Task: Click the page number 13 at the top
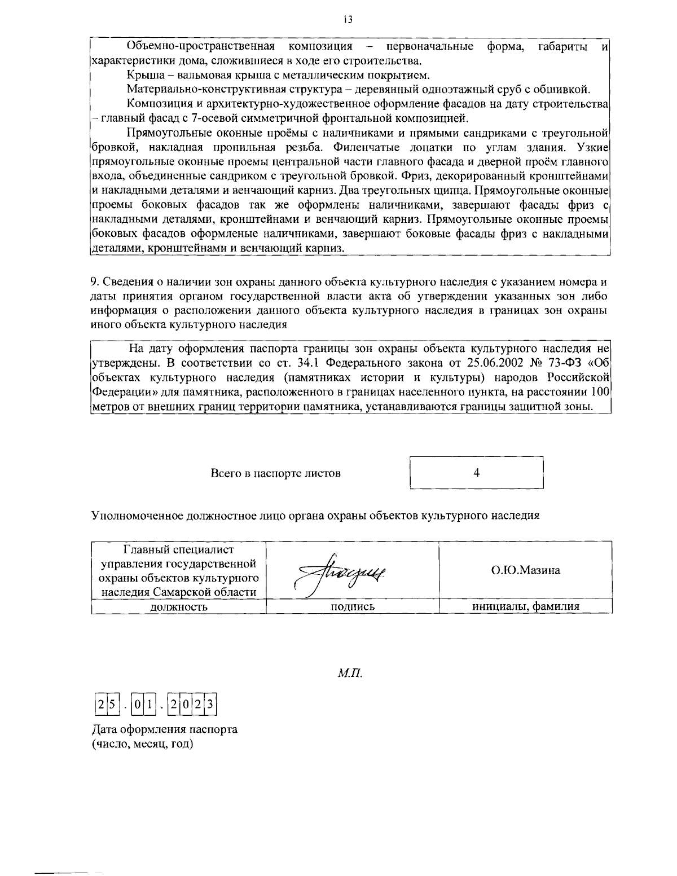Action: click(x=348, y=20)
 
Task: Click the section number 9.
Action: click(x=94, y=281)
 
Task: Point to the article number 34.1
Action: click(x=308, y=362)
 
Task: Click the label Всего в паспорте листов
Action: click(x=275, y=473)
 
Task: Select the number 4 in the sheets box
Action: click(x=476, y=473)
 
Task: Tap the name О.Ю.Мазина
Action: click(x=525, y=570)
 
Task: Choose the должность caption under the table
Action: click(x=178, y=607)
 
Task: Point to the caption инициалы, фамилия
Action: click(x=525, y=606)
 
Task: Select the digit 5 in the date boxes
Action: click(x=111, y=705)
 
